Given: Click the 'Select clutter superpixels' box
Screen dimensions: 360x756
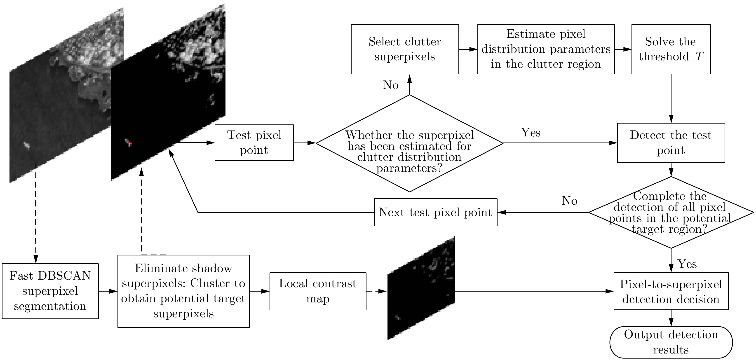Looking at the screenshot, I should (x=405, y=49).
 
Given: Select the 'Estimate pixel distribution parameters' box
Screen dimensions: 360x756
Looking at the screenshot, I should (x=546, y=49).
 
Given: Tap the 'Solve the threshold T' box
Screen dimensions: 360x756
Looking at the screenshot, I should (x=671, y=49).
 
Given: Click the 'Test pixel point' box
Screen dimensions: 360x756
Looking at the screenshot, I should (x=254, y=143).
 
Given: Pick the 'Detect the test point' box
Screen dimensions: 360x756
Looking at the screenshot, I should (x=671, y=143).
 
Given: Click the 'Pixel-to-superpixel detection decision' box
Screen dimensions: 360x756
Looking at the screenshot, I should (x=671, y=291).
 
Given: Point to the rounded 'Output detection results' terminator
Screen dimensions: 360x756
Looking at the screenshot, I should (x=671, y=342).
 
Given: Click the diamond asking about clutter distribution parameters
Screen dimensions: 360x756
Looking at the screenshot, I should (x=409, y=143).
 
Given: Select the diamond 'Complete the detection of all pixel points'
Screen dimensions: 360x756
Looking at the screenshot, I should (x=671, y=213).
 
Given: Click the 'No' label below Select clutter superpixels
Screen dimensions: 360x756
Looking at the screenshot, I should (x=391, y=85).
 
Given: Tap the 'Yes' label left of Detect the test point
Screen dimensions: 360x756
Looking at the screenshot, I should (x=531, y=133).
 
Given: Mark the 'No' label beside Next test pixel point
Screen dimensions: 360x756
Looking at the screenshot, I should (x=569, y=201).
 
